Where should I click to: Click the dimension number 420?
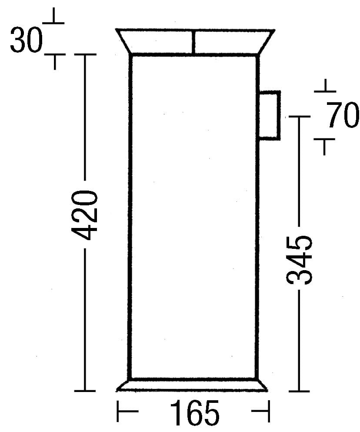point(84,215)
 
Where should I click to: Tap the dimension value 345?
point(300,260)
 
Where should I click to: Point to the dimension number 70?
point(343,116)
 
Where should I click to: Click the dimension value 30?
point(26,40)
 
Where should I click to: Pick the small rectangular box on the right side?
point(270,115)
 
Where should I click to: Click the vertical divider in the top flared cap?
point(193,42)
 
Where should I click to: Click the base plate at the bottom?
point(193,385)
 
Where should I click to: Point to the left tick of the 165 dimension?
point(118,411)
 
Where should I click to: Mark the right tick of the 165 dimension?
point(268,411)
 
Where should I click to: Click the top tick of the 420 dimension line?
point(84,55)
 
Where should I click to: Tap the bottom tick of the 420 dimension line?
point(84,391)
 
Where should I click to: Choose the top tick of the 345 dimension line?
point(300,117)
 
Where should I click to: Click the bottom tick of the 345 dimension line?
point(300,391)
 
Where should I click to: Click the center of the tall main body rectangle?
point(193,216)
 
